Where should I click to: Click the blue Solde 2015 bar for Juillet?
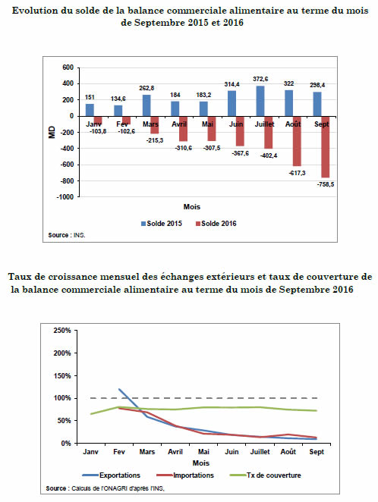[x=260, y=101]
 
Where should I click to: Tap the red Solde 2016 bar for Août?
[x=297, y=141]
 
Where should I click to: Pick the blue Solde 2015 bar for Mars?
[x=146, y=105]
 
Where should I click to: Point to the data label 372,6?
[x=260, y=79]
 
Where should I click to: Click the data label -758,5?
[x=326, y=184]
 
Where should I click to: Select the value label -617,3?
[x=297, y=173]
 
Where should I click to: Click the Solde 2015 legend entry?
[x=162, y=224]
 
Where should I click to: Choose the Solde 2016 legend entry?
[x=216, y=224]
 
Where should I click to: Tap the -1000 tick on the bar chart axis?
[x=65, y=197]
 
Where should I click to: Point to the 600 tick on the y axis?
[x=68, y=67]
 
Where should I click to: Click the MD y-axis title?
[x=52, y=132]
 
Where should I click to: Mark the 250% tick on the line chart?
[x=62, y=331]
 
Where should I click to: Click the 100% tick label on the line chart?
[x=62, y=398]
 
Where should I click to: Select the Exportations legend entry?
[x=111, y=475]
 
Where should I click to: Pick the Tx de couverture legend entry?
[x=266, y=475]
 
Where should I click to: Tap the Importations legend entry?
[x=185, y=475]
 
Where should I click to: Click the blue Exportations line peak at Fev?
[x=119, y=389]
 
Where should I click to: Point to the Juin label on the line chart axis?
[x=232, y=452]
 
